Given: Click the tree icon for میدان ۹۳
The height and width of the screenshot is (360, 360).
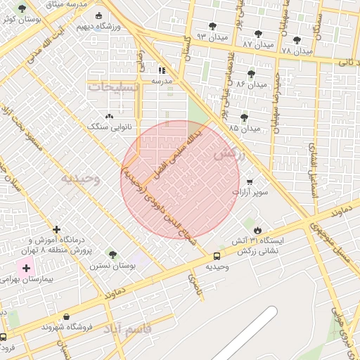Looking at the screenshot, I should [212, 27].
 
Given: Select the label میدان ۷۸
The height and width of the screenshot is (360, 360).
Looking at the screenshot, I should [296, 51].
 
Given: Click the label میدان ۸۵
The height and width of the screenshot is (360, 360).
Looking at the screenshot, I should [244, 129].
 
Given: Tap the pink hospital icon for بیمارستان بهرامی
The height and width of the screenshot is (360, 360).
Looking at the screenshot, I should [27, 268].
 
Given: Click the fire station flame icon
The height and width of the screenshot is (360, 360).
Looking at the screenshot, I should [257, 230].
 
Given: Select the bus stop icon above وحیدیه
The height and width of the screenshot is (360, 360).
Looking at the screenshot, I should [217, 257].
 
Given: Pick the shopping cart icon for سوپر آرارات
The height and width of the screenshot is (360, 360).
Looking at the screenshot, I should [249, 181].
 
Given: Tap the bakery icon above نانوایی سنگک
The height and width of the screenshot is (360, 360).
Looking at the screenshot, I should [109, 117].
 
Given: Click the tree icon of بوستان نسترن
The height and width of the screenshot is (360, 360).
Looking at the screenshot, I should [111, 255].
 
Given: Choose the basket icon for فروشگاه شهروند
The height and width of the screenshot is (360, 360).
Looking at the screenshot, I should [67, 317].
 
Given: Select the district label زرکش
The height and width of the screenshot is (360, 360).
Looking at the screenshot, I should [229, 154].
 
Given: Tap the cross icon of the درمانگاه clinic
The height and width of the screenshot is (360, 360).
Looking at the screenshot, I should [57, 229].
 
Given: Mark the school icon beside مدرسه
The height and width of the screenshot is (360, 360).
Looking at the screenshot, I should [162, 70].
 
